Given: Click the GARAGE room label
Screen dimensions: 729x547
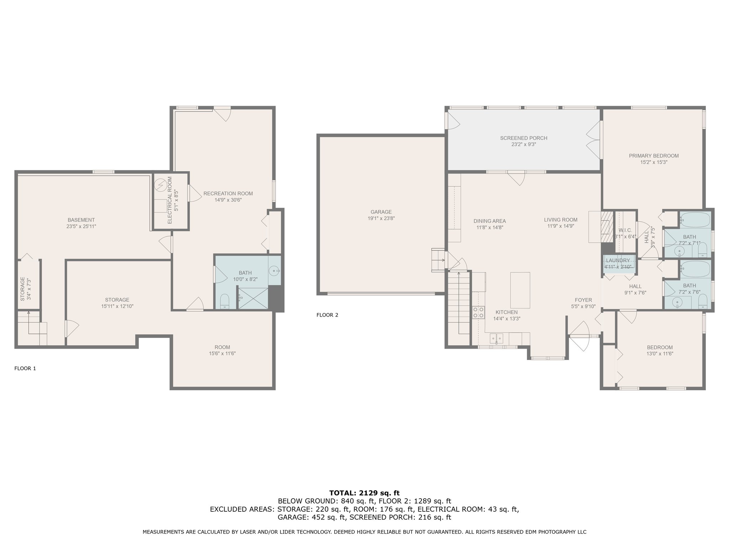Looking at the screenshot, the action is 381,212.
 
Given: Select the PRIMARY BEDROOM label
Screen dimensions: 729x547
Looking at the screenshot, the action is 654,156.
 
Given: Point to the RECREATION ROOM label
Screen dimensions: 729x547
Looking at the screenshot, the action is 228,194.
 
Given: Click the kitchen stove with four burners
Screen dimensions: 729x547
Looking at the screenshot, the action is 479,312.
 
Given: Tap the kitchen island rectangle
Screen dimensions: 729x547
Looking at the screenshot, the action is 520,290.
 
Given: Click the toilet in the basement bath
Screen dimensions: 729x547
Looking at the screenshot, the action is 225,302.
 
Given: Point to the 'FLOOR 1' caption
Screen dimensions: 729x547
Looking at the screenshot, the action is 25,369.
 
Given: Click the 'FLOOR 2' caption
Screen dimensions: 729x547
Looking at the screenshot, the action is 327,315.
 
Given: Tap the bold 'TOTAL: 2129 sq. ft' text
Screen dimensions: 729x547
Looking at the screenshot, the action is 364,493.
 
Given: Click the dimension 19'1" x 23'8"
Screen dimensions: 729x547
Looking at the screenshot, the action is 381,218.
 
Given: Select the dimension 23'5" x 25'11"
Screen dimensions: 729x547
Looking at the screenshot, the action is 81,226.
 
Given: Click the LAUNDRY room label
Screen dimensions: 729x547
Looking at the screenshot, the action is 618,261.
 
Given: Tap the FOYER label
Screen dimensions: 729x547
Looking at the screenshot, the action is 583,300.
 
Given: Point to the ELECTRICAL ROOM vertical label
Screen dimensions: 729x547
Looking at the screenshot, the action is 169,200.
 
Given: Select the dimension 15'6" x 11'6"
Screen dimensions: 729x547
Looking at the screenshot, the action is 222,354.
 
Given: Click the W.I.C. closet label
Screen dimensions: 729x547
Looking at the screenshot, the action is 625,230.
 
